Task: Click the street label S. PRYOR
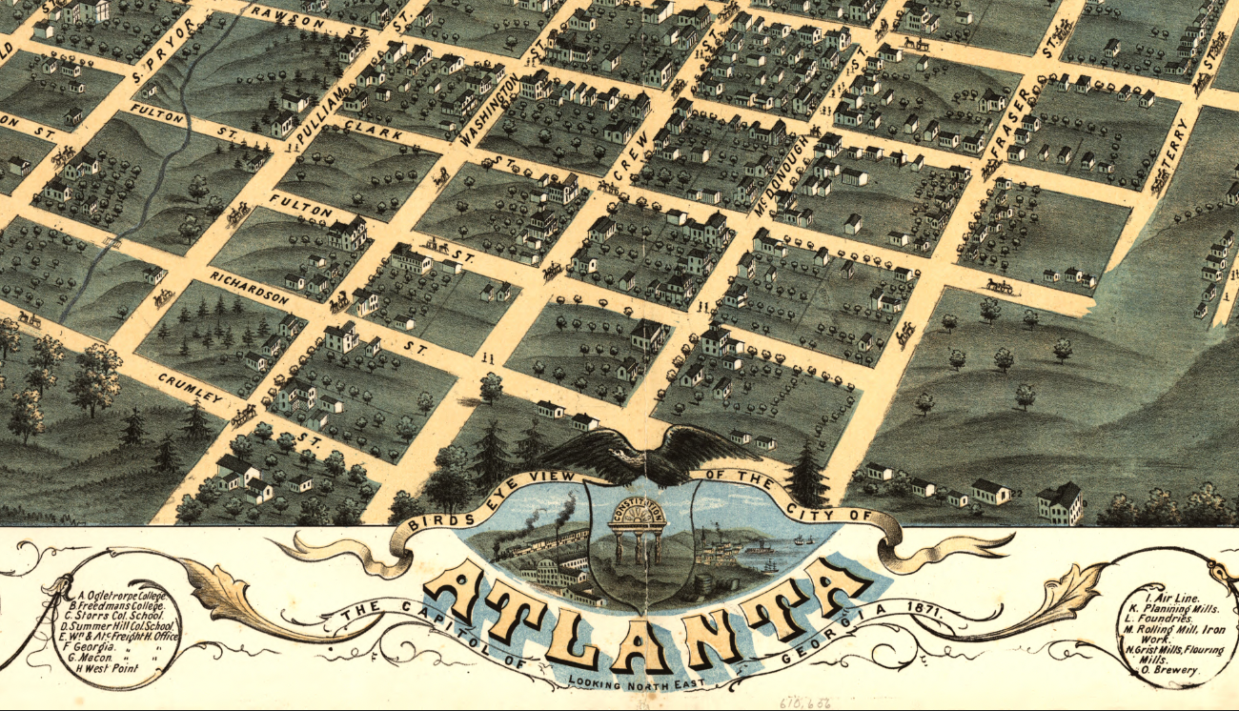coord(164,60)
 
